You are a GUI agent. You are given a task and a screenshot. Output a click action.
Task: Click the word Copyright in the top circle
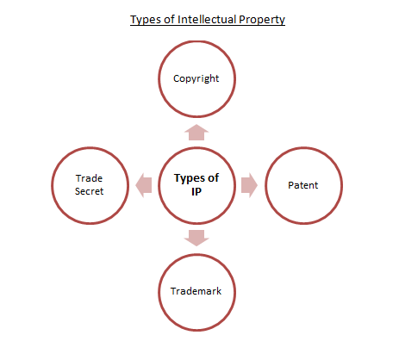pos(196,78)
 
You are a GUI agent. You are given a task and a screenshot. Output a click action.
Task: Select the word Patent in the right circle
pos(303,185)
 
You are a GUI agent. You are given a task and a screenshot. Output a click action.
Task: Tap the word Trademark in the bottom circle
pos(196,291)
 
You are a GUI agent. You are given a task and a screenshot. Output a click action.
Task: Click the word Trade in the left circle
pos(89,178)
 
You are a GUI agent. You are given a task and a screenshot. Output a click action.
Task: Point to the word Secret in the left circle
pos(89,191)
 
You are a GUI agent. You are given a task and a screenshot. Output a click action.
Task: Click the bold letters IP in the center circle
pos(196,192)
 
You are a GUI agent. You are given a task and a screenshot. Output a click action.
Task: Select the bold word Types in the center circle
pos(188,178)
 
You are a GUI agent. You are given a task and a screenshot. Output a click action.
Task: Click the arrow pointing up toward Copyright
pos(196,133)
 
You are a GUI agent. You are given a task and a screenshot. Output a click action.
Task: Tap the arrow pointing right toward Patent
pos(249,185)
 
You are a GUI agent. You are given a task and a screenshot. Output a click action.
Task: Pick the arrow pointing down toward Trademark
pos(196,238)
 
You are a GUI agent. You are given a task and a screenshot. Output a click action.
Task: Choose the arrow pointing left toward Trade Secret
pos(144,185)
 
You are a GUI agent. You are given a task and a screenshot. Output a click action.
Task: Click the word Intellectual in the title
pos(207,20)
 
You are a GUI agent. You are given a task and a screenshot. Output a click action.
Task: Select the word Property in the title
pos(262,20)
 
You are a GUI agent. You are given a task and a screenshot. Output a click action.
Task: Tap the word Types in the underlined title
pos(146,20)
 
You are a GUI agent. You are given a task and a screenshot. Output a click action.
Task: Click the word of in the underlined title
pos(170,20)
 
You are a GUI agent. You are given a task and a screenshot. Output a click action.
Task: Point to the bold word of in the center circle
pos(214,178)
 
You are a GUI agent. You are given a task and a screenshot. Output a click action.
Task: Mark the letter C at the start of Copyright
pos(176,78)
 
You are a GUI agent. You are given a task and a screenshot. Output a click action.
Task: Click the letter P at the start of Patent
pos(290,185)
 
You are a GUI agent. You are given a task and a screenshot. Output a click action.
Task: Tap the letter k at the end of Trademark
pos(219,291)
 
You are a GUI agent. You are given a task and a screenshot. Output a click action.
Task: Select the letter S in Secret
pos(78,191)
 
